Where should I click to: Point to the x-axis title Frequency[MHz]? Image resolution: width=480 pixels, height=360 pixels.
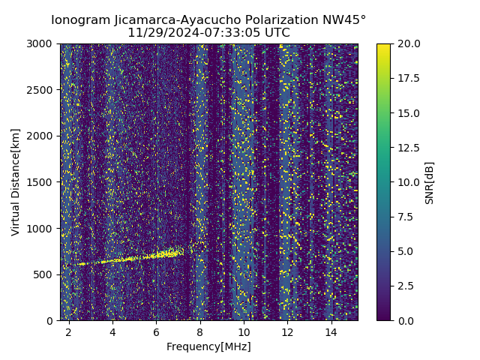point(208,346)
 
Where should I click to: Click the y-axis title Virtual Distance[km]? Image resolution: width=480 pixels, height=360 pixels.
point(16,181)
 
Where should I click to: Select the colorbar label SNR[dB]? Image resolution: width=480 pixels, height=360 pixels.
point(430,182)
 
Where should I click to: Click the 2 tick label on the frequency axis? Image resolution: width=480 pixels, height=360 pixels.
point(69,331)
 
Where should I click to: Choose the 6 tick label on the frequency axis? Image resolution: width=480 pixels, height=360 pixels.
point(156,331)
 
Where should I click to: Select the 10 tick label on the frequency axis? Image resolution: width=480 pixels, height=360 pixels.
point(244,331)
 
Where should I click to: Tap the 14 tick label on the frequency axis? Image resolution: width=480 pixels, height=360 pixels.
point(331,331)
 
